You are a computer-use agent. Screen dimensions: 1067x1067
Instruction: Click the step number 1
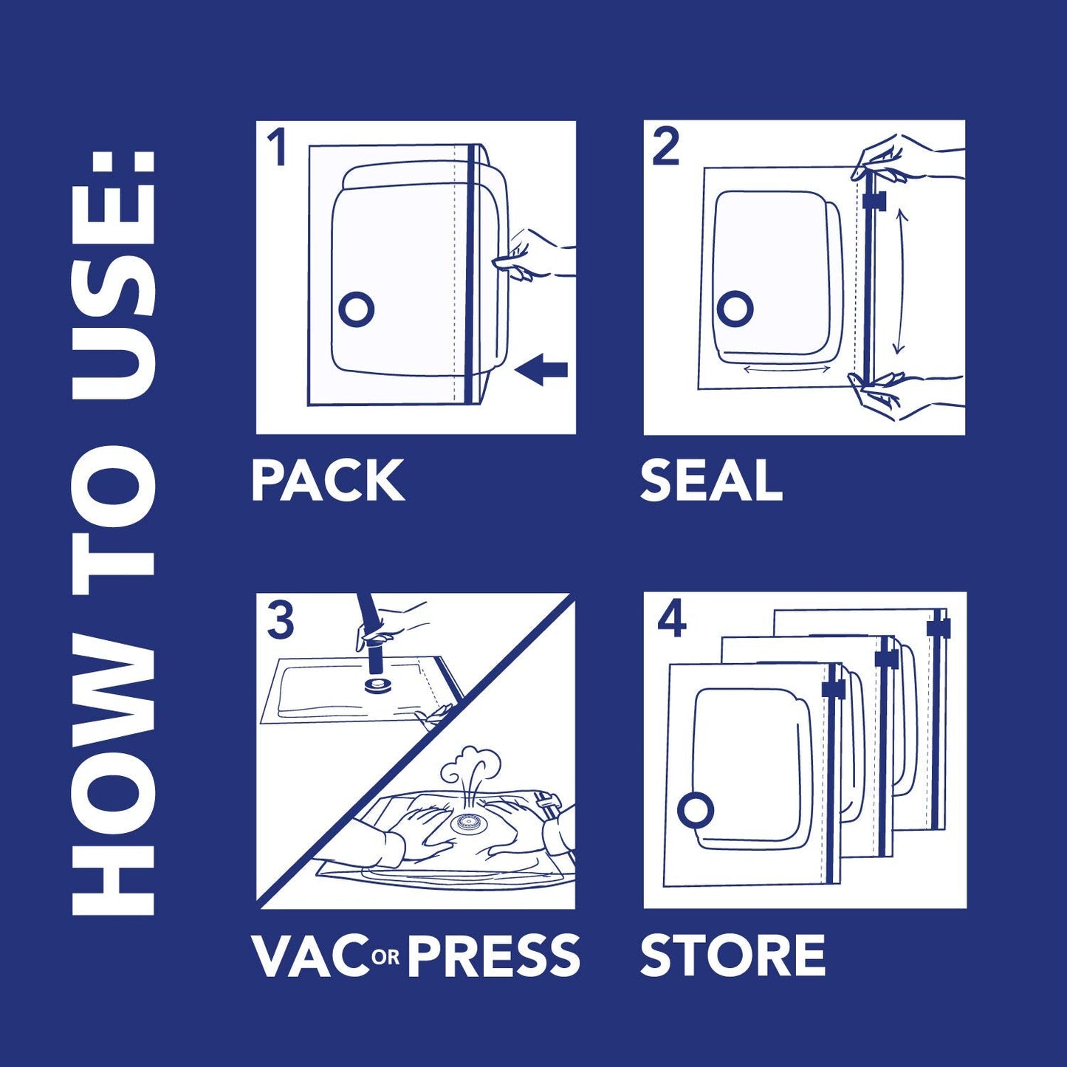point(277,148)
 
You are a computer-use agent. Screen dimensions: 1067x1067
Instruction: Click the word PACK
point(328,481)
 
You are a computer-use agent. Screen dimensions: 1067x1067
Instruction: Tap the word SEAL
point(710,481)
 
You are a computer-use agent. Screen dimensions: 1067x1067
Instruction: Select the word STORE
point(732,956)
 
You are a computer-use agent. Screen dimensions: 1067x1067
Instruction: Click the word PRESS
point(493,956)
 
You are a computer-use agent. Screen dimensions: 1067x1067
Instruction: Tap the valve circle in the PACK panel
point(357,310)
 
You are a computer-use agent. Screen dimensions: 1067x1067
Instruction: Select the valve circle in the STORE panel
point(695,811)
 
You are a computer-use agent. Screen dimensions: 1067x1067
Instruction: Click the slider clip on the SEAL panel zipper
point(874,200)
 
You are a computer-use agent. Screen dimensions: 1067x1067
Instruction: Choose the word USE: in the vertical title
point(118,273)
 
